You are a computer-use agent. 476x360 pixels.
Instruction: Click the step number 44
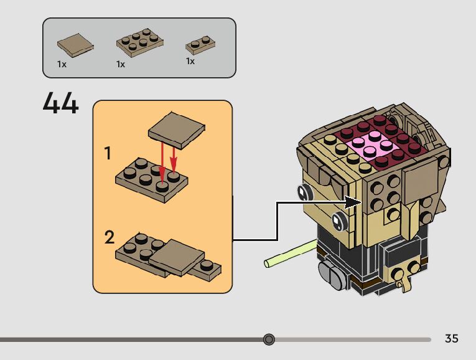(x=61, y=103)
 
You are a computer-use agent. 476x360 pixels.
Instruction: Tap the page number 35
(x=451, y=338)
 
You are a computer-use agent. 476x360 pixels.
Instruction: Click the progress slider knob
(x=269, y=339)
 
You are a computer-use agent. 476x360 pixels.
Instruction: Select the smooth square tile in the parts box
(x=75, y=45)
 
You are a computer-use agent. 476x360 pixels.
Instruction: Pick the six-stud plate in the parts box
(x=140, y=42)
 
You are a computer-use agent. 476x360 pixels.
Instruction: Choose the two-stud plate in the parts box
(x=200, y=45)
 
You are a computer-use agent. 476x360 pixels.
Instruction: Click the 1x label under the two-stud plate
(x=190, y=62)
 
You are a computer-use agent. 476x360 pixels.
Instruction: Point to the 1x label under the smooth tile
(x=62, y=64)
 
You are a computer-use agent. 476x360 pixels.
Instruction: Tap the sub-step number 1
(x=108, y=153)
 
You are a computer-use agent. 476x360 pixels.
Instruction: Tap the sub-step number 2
(x=110, y=237)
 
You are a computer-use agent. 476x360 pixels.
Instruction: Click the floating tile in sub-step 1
(x=176, y=130)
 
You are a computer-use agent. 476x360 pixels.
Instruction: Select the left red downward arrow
(x=162, y=163)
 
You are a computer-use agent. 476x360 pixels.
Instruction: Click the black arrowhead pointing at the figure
(x=352, y=202)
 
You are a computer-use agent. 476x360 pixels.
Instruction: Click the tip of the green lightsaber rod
(x=266, y=263)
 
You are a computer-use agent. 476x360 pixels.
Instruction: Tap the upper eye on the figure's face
(x=304, y=192)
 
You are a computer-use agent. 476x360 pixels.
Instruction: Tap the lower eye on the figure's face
(x=339, y=221)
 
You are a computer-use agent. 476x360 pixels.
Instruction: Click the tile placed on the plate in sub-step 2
(x=176, y=257)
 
